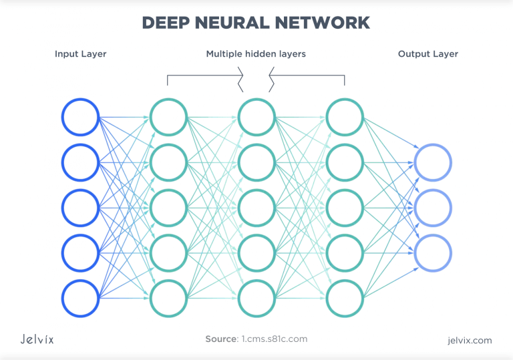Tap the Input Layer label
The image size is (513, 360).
[80, 54]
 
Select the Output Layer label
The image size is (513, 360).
[428, 54]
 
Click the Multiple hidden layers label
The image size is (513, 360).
[256, 54]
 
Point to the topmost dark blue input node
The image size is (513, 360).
[81, 117]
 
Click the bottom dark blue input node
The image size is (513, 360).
[81, 298]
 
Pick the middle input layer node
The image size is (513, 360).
[81, 208]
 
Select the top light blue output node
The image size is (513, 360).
[433, 163]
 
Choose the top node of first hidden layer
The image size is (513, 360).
[168, 117]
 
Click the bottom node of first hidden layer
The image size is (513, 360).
[168, 298]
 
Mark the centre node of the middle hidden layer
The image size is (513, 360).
[256, 208]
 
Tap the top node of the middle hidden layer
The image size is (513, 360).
[256, 117]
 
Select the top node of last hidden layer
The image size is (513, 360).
[345, 117]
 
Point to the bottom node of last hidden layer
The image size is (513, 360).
[345, 298]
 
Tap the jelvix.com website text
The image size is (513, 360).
[470, 341]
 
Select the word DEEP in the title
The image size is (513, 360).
[167, 22]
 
